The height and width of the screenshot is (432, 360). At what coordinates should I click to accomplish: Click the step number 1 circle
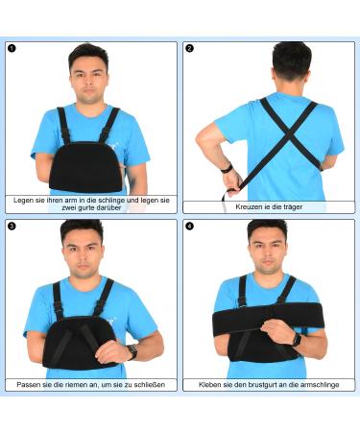click(x=12, y=48)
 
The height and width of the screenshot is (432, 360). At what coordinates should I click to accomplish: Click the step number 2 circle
click(x=189, y=48)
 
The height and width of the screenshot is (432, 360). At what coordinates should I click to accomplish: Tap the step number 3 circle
click(x=12, y=227)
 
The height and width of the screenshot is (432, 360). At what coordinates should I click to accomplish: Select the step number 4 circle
click(x=189, y=227)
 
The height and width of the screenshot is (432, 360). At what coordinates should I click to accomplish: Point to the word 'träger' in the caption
click(x=292, y=207)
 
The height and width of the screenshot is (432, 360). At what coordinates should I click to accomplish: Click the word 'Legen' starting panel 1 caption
click(x=21, y=201)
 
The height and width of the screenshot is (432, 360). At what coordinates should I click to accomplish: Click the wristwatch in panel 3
click(x=132, y=351)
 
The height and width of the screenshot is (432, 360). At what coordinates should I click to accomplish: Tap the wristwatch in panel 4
click(x=297, y=339)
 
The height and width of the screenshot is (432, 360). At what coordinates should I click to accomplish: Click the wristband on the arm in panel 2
click(x=227, y=168)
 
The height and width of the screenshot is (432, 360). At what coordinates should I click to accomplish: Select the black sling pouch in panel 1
click(x=85, y=167)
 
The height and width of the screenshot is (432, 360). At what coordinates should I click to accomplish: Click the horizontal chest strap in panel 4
click(x=268, y=319)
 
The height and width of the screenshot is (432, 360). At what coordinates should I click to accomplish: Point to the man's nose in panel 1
click(x=89, y=84)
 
